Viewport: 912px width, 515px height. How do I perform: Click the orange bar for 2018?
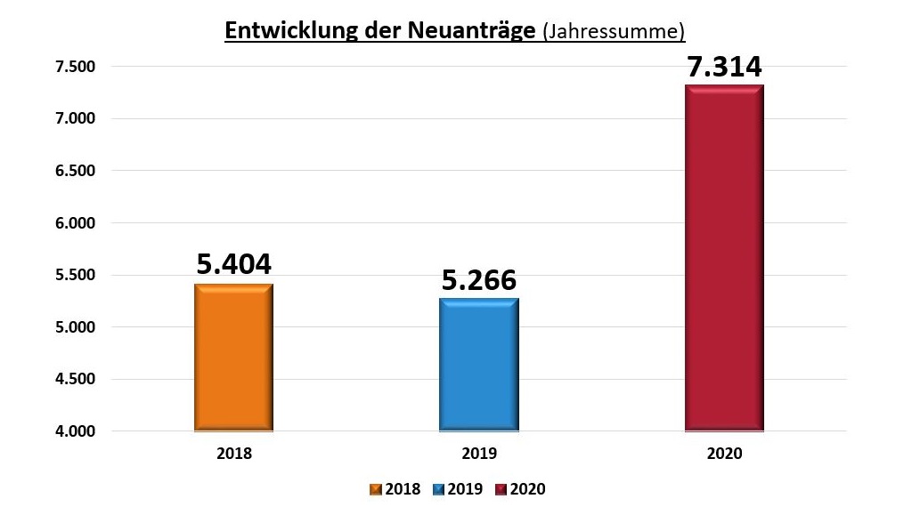coord(233,358)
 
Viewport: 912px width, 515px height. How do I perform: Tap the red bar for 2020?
coord(724,258)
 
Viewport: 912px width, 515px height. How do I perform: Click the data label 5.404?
coord(233,263)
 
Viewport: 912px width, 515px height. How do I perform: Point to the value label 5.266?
coord(478,279)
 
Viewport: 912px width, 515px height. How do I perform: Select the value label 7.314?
coord(724,67)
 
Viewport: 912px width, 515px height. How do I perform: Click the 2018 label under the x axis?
coord(233,453)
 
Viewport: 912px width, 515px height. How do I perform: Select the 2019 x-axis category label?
coord(478,453)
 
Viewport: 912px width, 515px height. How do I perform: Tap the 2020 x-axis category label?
coord(724,453)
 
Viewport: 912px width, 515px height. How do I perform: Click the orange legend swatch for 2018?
coord(376,489)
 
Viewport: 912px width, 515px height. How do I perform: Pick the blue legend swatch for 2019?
coord(439,489)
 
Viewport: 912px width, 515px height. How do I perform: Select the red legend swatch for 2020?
coord(502,489)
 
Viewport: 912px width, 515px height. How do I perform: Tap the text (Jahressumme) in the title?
coord(614,32)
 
